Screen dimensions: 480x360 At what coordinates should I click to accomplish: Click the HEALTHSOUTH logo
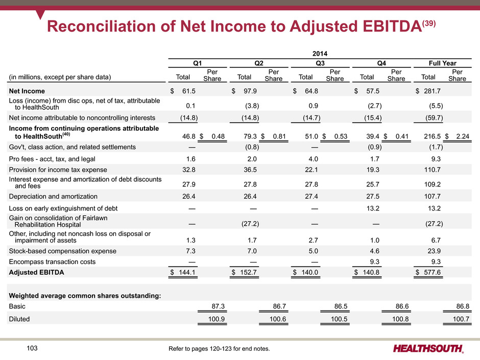(x=428, y=349)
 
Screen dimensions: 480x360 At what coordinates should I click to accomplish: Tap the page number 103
(x=32, y=348)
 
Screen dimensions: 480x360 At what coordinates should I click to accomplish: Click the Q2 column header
(x=259, y=63)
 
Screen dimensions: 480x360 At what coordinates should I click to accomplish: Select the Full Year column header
(x=442, y=63)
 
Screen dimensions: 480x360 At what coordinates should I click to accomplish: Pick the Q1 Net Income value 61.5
(x=188, y=91)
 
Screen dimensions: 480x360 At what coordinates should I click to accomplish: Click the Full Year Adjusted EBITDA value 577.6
(x=432, y=272)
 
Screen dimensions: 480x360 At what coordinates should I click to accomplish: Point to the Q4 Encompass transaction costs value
(x=374, y=262)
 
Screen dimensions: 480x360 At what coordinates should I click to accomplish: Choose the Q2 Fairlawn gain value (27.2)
(x=250, y=224)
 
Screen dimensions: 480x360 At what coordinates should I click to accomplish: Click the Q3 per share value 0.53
(x=341, y=136)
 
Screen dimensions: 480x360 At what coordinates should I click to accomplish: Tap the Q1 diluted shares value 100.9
(x=217, y=319)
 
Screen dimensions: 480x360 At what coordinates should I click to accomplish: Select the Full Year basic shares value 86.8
(x=463, y=306)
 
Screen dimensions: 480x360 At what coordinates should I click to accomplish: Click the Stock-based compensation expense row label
(x=62, y=251)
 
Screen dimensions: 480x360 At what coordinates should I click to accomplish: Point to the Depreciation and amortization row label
(x=53, y=196)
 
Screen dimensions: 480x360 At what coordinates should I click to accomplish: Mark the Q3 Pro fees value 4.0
(x=313, y=159)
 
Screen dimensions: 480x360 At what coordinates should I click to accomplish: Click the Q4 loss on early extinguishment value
(x=373, y=208)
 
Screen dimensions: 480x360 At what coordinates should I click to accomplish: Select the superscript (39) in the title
(x=428, y=23)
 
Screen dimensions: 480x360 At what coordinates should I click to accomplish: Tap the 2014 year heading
(x=320, y=54)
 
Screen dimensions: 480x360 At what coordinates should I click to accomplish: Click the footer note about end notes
(x=219, y=349)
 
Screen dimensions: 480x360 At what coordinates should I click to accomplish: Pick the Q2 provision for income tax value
(x=250, y=170)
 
